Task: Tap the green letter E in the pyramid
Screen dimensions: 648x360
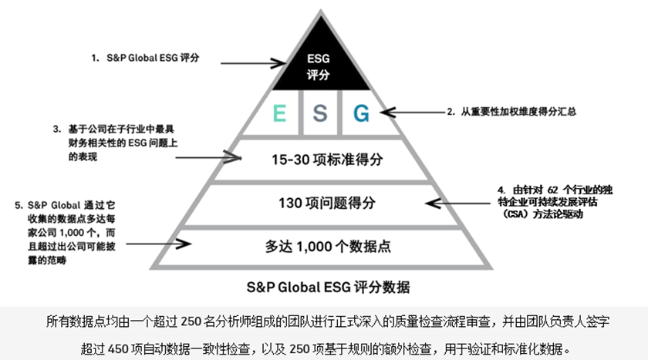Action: pyautogui.click(x=279, y=113)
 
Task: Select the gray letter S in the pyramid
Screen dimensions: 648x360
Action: pyautogui.click(x=319, y=113)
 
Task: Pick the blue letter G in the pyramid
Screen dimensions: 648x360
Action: pyautogui.click(x=360, y=113)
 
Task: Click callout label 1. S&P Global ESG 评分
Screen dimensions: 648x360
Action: pyautogui.click(x=144, y=58)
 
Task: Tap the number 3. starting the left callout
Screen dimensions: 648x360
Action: pyautogui.click(x=57, y=128)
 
